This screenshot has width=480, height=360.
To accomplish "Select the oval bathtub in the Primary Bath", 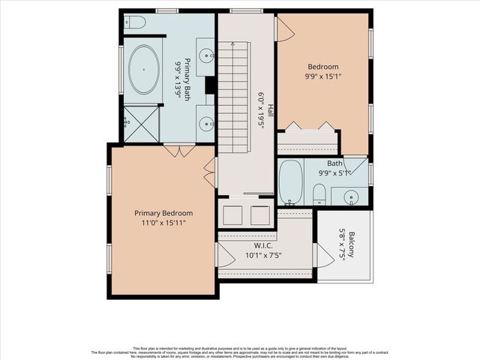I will click(143, 70).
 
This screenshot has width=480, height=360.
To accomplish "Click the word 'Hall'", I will click(270, 109).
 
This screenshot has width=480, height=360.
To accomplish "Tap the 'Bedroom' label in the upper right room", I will click(322, 66).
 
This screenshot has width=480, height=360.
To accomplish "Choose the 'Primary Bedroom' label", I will click(163, 213).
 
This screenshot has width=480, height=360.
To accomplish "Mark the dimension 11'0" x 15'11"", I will click(163, 223).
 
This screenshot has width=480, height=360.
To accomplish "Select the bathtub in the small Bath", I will click(290, 182).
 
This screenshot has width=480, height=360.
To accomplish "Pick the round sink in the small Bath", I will click(349, 197).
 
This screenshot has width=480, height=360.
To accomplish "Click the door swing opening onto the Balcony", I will click(324, 256).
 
